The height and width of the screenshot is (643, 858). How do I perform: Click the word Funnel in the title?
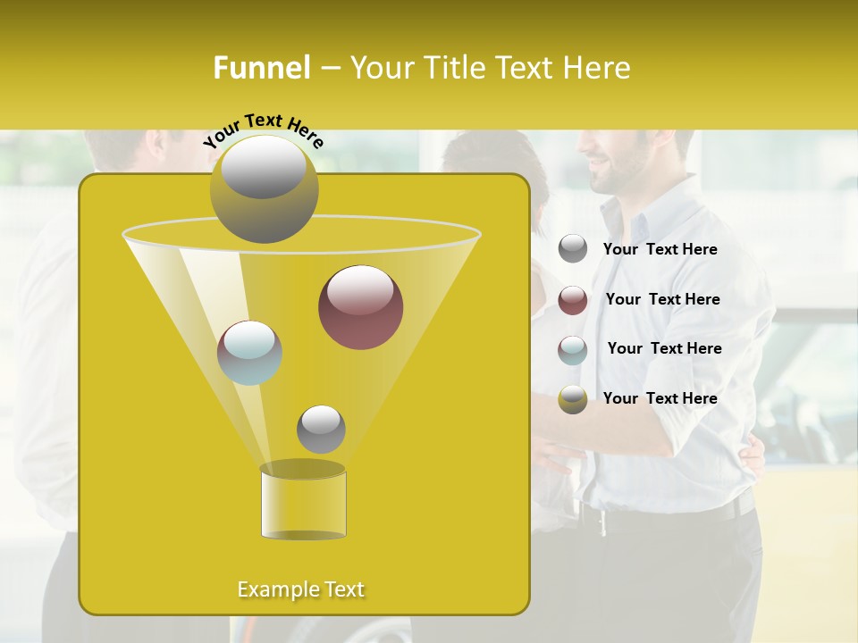[x=262, y=67]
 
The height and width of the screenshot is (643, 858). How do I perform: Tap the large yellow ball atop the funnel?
[x=264, y=188]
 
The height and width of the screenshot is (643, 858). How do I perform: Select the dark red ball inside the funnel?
[x=360, y=307]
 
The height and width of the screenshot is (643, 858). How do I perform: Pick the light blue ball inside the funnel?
[x=249, y=353]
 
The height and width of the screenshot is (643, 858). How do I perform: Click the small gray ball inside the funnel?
[x=321, y=429]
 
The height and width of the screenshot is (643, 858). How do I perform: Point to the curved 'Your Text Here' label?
[x=263, y=130]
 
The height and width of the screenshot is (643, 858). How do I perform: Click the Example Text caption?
[x=301, y=589]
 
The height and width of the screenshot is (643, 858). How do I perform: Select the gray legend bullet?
[x=573, y=249]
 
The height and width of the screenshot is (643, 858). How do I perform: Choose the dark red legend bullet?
[x=573, y=300]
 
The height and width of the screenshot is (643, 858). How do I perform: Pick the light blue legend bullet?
[x=573, y=350]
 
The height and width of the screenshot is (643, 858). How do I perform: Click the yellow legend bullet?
[x=573, y=399]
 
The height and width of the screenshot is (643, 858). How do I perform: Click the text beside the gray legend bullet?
[x=660, y=249]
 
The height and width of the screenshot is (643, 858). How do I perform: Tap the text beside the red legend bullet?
[x=662, y=299]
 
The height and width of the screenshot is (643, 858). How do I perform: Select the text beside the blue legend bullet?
[x=664, y=348]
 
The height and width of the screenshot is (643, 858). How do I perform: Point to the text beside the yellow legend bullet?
[x=660, y=398]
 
